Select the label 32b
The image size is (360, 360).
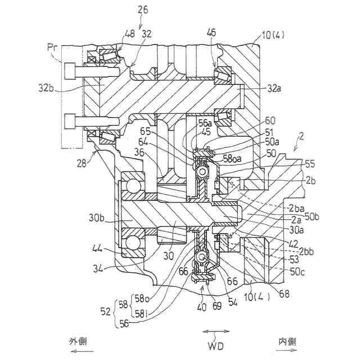(x=47, y=88)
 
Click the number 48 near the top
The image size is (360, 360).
(x=130, y=34)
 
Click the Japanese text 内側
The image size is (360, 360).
(x=287, y=341)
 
